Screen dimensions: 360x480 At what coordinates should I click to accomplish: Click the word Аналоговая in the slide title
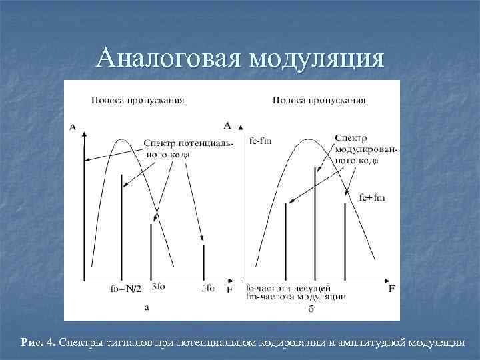tap(168, 59)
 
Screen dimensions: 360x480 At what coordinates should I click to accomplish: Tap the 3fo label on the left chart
tap(159, 287)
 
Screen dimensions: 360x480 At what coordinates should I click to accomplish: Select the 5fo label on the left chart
tap(207, 288)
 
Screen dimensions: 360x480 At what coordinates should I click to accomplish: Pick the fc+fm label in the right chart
tap(372, 197)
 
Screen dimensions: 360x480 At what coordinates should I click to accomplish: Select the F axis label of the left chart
tap(229, 290)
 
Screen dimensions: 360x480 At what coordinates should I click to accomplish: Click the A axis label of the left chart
tap(72, 126)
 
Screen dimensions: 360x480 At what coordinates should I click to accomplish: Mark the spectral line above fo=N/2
tap(121, 227)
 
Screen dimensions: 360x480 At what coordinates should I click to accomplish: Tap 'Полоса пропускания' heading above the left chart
tap(138, 101)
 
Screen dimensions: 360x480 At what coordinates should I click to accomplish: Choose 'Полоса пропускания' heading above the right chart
tap(319, 101)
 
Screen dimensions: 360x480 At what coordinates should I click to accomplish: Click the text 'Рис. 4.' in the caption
tap(39, 342)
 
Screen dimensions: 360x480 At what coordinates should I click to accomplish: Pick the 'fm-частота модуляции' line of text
tap(295, 297)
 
